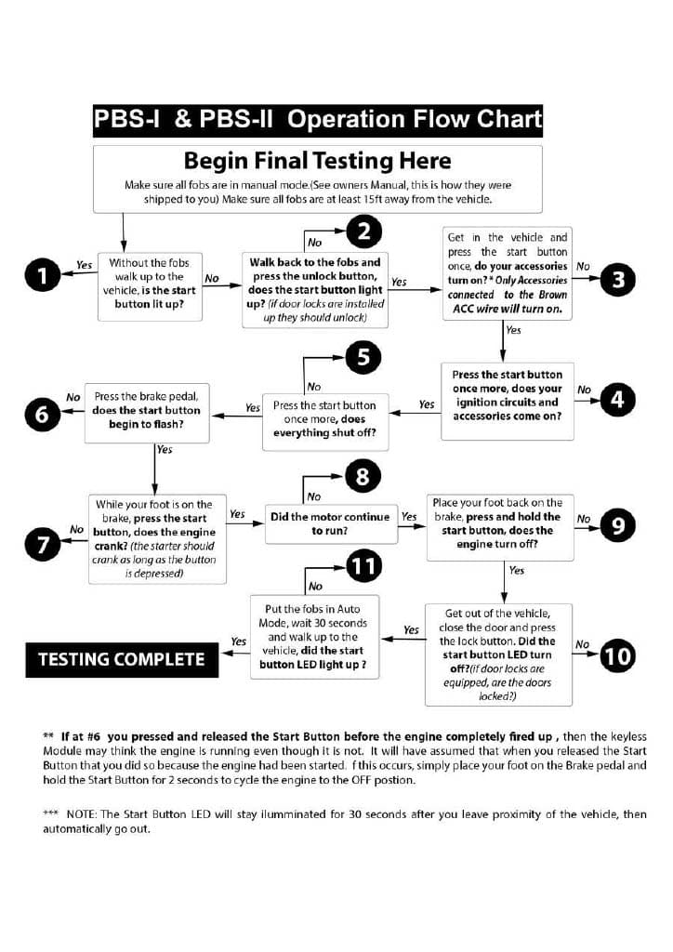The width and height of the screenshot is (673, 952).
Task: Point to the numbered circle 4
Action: pos(618,401)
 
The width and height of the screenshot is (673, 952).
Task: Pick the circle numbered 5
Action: pos(363,356)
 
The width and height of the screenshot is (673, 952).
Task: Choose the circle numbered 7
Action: pos(43,544)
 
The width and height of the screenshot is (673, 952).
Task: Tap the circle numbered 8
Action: pos(363,478)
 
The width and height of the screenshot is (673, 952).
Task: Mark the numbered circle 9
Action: pos(618,526)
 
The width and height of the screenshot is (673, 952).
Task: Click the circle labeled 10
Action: pos(618,656)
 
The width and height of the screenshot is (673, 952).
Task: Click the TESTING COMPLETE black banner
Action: pos(121,659)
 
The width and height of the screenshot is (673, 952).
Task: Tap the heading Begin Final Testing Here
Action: pos(317,160)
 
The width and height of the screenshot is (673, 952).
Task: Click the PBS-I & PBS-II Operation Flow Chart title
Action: pos(317,119)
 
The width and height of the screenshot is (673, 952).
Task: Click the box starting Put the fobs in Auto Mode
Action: pos(315,637)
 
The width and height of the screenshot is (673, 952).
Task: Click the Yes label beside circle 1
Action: pos(84,265)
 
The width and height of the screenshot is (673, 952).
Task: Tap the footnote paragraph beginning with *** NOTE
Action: pos(344,821)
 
